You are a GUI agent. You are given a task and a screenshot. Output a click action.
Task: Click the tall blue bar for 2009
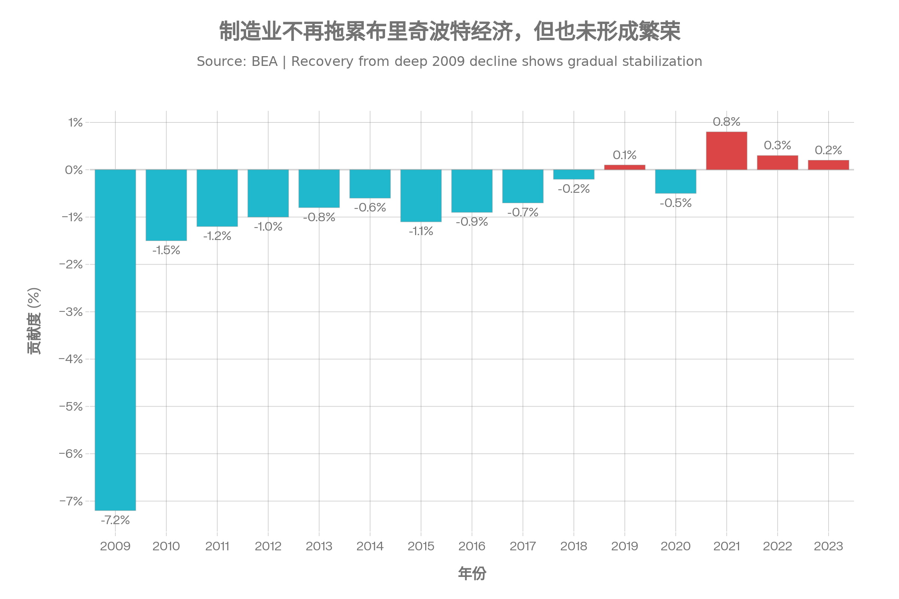pos(115,340)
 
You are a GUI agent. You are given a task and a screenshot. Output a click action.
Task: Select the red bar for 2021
pos(726,151)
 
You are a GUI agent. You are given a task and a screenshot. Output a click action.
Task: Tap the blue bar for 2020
pos(675,182)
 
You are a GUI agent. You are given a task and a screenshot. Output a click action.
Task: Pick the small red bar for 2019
pos(624,167)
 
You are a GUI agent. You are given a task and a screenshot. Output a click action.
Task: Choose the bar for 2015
pos(421,195)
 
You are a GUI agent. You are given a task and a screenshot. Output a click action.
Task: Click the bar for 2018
pos(574,174)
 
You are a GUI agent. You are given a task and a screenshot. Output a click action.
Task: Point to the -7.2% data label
pos(115,520)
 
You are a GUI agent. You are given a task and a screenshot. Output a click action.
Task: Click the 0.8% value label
pos(726,122)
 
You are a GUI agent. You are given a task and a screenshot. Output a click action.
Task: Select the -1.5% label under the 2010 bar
pos(166,250)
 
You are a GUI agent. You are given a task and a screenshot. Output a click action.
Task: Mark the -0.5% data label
pos(675,203)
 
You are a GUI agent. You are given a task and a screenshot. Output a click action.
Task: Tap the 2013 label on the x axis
pos(319,546)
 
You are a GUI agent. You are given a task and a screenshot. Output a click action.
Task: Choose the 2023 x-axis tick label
pos(828,546)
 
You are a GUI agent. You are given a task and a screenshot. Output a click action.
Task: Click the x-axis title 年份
pos(472,574)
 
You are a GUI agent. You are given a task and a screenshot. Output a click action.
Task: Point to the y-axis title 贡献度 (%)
pos(34,321)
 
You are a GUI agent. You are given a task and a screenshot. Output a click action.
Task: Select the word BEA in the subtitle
pos(264,61)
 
